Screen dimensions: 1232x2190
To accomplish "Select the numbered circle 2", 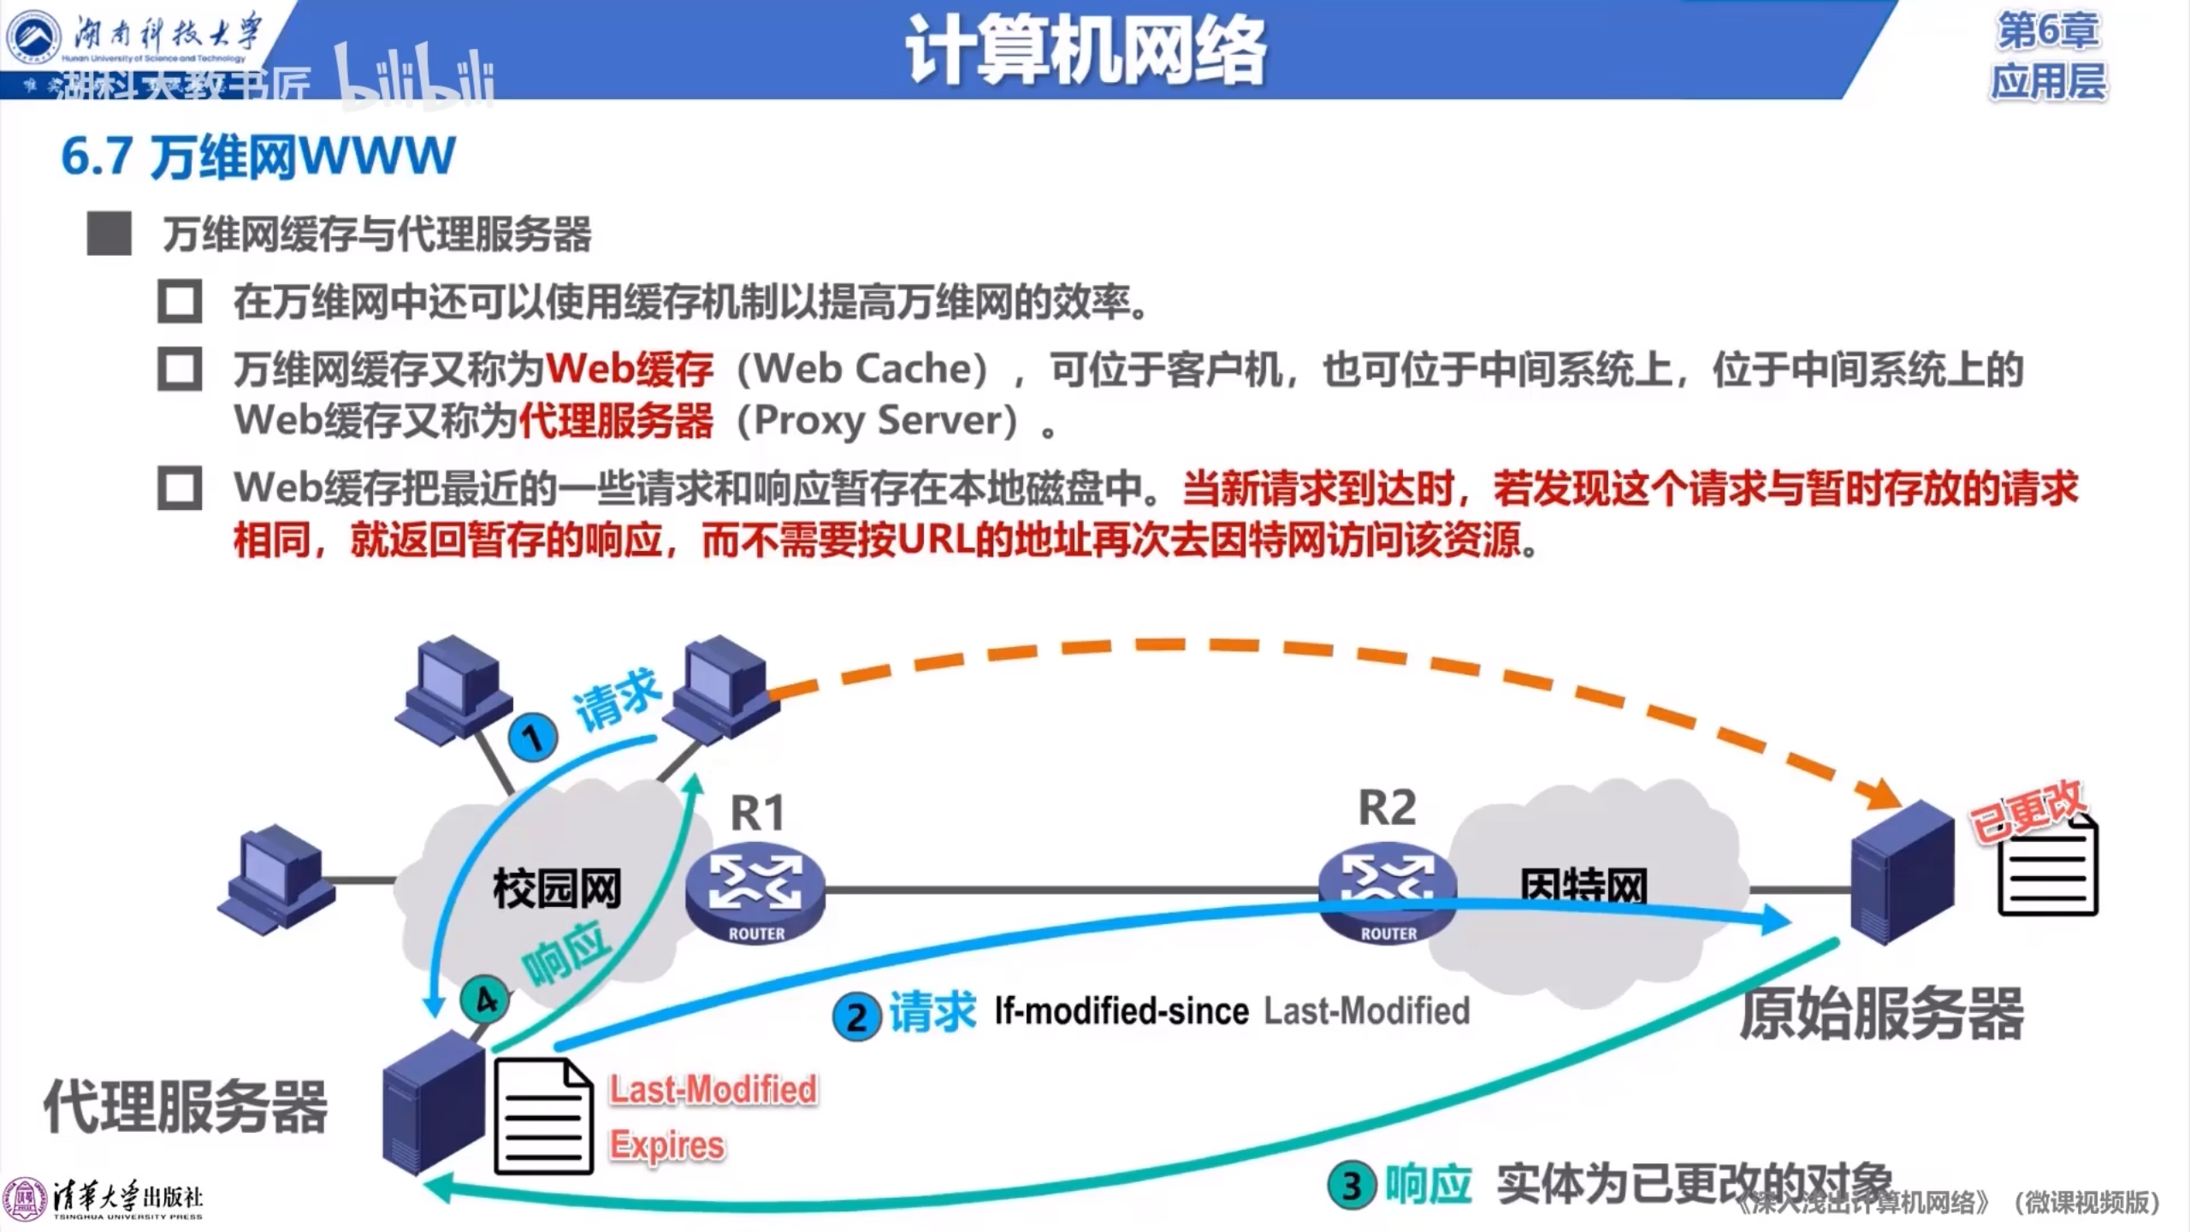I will tap(856, 1017).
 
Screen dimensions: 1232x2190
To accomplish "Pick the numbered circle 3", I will tap(1352, 1186).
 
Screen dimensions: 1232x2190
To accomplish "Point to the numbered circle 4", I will tap(485, 1000).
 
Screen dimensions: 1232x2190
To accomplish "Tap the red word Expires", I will tap(667, 1145).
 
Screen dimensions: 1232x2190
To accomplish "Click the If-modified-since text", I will tap(1122, 1012).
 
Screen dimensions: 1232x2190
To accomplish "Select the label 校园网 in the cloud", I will tap(557, 889).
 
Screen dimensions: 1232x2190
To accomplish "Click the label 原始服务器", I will tap(1881, 1014).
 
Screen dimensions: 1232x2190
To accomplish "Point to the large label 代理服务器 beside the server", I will tap(186, 1106).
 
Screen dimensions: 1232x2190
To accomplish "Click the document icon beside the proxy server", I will tap(543, 1116).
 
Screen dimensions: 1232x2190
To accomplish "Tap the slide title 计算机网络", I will tap(1086, 51).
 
